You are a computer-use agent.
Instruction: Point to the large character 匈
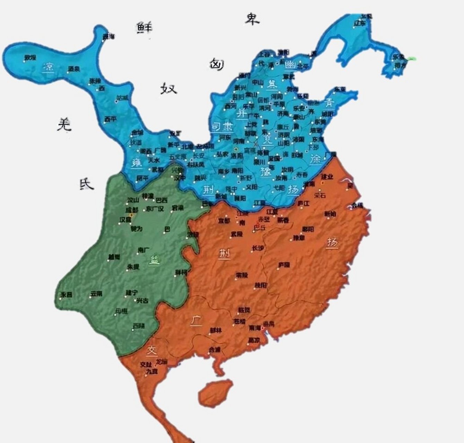[x=217, y=64]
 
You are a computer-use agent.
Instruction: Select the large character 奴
[x=168, y=89]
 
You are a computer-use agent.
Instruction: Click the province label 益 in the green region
[x=155, y=260]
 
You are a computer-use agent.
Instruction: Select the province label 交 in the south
[x=151, y=351]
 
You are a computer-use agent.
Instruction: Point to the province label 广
[x=196, y=320]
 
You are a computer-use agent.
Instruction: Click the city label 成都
[x=132, y=210]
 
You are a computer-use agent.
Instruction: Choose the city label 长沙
[x=258, y=248]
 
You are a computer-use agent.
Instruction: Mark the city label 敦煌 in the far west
[x=30, y=57]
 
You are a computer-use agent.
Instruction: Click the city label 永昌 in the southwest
[x=66, y=295]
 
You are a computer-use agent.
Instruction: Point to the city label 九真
[x=152, y=371]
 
